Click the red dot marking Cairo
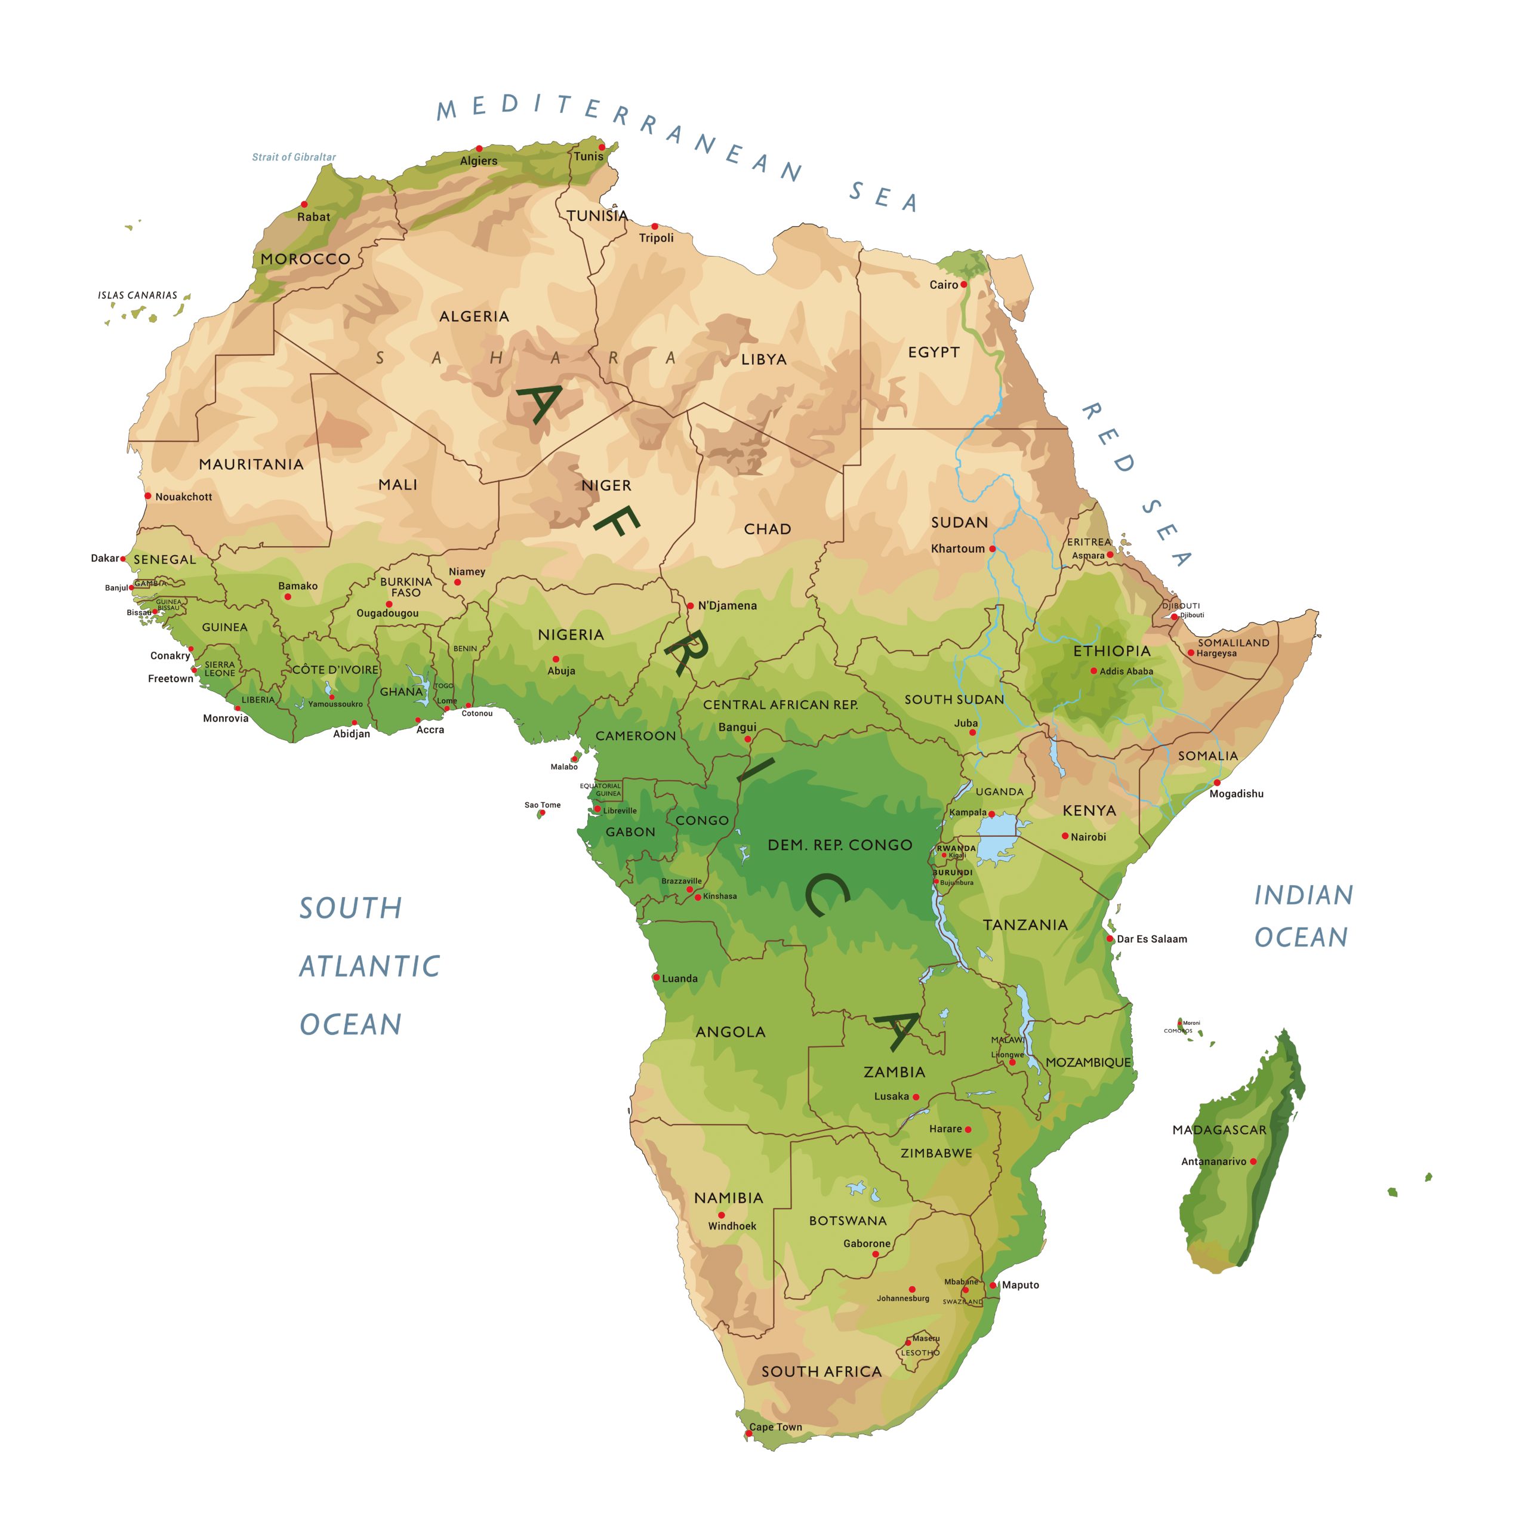coord(963,285)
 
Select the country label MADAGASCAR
coord(1219,1130)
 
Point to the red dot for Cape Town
coord(748,1433)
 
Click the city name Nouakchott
coord(183,497)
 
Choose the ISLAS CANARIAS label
coord(138,295)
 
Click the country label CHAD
coord(767,529)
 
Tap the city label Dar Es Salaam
coord(1151,939)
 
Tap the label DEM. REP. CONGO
coord(840,845)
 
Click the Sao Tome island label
coord(543,805)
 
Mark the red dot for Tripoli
coord(654,227)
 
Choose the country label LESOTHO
coord(920,1353)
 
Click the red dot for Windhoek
coord(721,1215)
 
